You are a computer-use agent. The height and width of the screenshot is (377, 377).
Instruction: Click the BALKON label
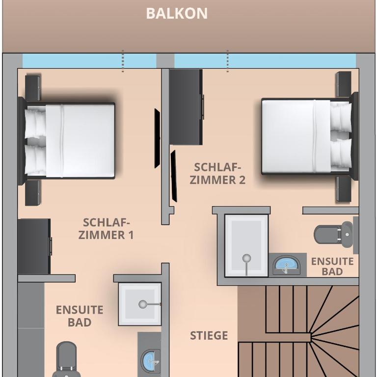point(177,13)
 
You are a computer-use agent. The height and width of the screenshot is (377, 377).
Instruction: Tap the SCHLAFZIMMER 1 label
point(106,229)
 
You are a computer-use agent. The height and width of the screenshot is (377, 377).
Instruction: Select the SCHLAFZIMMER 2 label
point(217,174)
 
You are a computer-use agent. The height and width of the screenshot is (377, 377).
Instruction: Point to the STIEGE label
point(209,336)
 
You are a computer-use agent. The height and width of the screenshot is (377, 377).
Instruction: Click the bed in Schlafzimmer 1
point(67,141)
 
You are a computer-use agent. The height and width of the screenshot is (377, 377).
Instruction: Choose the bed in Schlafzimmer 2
point(310,136)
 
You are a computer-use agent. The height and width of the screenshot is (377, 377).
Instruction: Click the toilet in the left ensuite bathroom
point(67,359)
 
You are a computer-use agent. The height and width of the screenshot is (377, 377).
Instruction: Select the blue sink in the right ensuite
point(287,265)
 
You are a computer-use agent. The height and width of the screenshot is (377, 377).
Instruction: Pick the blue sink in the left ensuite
point(151,362)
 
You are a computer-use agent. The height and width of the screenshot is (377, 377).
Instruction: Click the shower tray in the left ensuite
point(140,304)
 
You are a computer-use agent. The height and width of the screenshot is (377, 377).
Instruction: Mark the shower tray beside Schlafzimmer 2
point(246,245)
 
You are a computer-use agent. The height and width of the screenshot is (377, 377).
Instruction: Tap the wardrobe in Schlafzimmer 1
point(34,246)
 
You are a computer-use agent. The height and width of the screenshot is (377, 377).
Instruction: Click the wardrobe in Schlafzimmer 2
point(187,107)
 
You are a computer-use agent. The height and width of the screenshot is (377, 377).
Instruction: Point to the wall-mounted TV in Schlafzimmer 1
point(157,138)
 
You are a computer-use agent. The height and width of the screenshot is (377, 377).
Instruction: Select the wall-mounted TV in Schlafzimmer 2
point(174,176)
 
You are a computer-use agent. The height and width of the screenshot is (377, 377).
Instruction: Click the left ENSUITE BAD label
point(80,316)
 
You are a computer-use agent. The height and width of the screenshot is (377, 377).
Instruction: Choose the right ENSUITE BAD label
point(332,267)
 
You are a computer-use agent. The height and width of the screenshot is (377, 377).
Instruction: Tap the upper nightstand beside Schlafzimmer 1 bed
point(33,88)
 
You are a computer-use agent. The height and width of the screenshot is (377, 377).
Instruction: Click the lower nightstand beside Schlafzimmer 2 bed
point(344,188)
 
